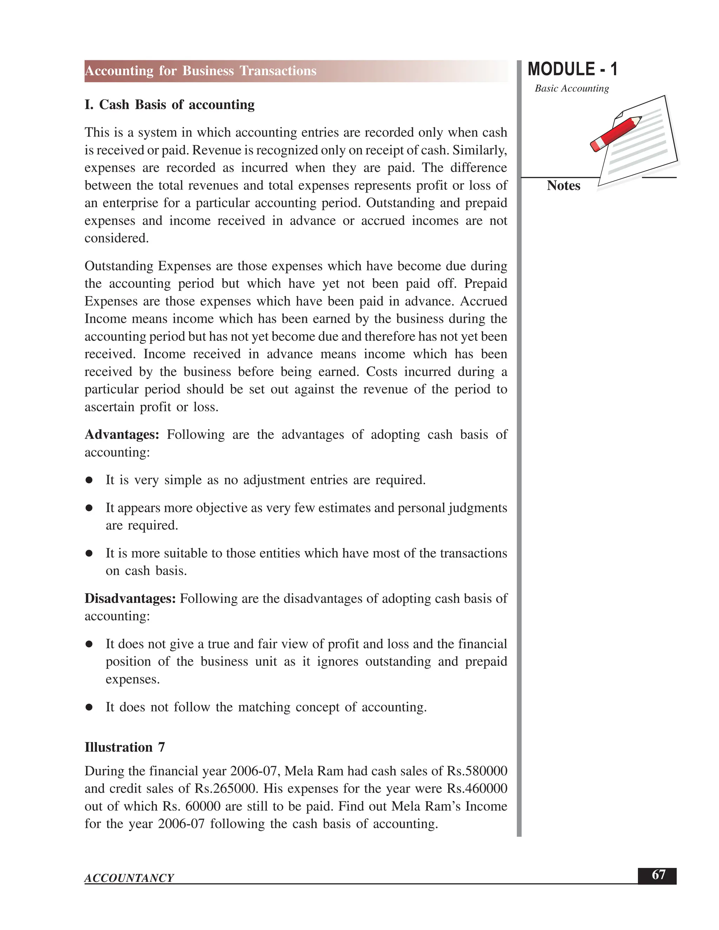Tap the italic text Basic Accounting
[x=572, y=88]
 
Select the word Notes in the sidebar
[x=563, y=186]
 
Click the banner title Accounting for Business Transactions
[x=200, y=71]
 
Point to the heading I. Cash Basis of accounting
[x=170, y=105]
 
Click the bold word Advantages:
[x=122, y=434]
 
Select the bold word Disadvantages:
[x=130, y=598]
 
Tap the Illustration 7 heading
[x=125, y=747]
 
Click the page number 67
[x=658, y=875]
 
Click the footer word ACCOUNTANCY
[x=129, y=878]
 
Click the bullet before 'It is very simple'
[x=89, y=480]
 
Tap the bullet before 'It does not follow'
[x=89, y=707]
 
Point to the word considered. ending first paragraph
[x=117, y=238]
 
